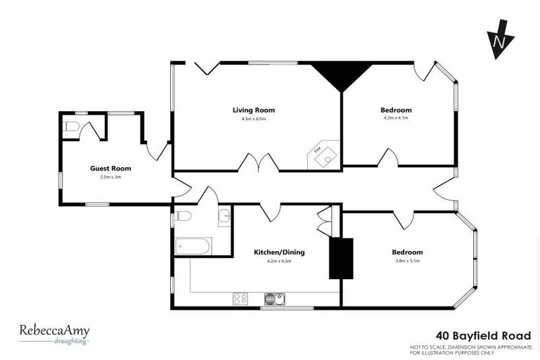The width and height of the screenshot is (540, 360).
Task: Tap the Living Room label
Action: tap(253, 110)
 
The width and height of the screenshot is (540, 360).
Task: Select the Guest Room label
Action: tap(110, 168)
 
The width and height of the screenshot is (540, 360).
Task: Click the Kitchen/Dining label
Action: tap(279, 252)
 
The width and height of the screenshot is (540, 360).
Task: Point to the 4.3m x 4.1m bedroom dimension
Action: tap(396, 118)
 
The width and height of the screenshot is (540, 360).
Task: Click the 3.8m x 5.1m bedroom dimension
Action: tap(407, 261)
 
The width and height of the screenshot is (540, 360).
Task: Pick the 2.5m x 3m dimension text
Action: tap(110, 177)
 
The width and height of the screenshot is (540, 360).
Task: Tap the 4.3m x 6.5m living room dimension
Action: tap(253, 118)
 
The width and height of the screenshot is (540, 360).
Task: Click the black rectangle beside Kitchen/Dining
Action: tap(340, 258)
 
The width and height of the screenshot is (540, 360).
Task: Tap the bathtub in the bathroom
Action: tap(192, 246)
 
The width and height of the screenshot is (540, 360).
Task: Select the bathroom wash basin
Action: tap(224, 216)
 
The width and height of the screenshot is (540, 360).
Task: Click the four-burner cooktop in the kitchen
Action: tap(240, 299)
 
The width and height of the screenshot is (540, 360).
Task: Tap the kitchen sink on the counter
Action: tap(274, 299)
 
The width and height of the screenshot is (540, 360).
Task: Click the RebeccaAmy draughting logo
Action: tap(54, 333)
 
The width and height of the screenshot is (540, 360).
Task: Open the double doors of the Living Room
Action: tap(259, 163)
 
